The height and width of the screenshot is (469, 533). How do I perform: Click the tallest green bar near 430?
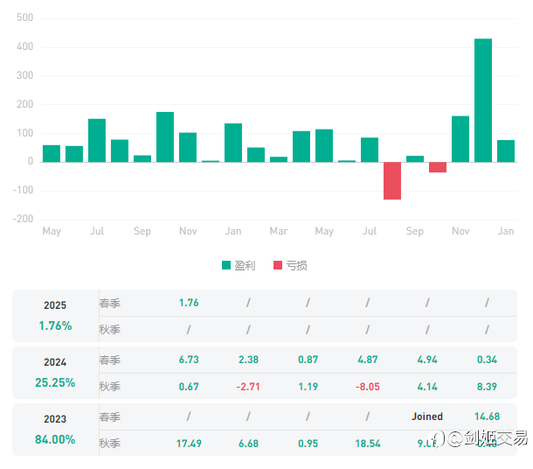pos(483,100)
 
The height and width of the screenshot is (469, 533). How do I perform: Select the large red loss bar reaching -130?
pos(392,180)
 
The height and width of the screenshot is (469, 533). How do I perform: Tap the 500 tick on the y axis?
pos(25,18)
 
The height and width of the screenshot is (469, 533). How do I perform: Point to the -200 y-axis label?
pos(23,220)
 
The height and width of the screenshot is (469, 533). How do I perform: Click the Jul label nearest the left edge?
pos(97,231)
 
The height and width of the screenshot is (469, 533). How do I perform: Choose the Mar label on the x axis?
pos(279,231)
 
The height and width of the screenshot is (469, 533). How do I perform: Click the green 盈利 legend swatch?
pos(226,265)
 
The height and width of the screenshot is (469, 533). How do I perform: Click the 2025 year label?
pos(55,305)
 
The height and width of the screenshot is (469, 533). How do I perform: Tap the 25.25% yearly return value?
pos(55,382)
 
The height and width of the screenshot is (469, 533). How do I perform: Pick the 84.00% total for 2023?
pos(55,439)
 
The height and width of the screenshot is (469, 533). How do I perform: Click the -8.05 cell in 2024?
pos(367,387)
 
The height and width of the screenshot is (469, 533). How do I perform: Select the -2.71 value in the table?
pos(248,387)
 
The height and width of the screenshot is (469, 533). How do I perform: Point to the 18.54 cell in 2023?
pos(367,444)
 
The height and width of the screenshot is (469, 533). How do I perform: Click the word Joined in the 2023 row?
pos(427,416)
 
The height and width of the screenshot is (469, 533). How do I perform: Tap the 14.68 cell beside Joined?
pos(487,416)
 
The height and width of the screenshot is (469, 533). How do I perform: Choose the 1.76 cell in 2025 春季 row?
pos(189,303)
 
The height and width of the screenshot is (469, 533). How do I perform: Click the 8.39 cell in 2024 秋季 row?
pos(487,387)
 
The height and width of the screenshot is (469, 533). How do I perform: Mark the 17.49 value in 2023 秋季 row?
pos(189,444)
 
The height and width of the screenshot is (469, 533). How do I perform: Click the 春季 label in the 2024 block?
pos(110,360)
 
